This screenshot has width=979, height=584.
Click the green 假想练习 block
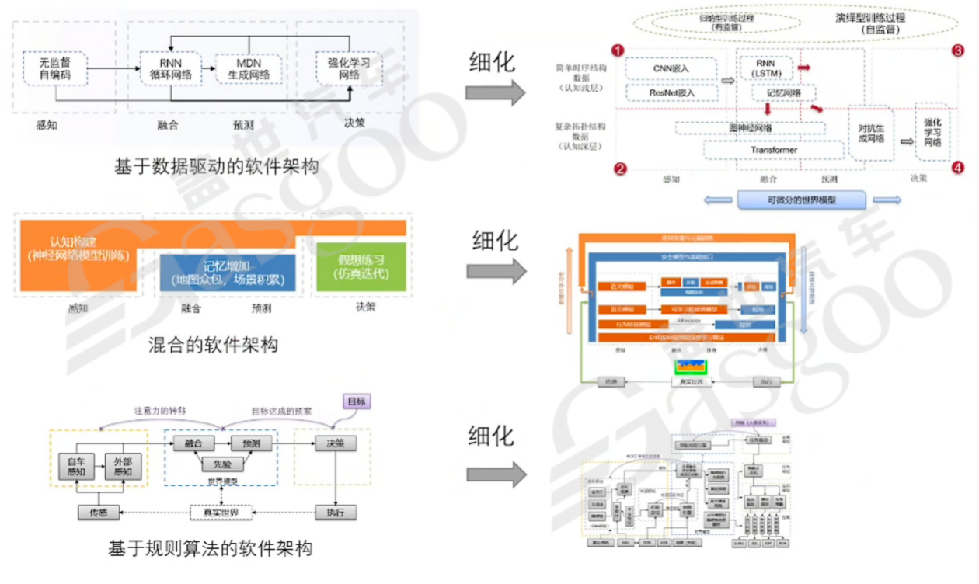pyautogui.click(x=360, y=266)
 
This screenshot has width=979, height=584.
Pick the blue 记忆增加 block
pyautogui.click(x=227, y=272)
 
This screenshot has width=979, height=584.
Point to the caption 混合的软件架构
pyautogui.click(x=213, y=343)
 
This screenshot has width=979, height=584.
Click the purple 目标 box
pyautogui.click(x=357, y=401)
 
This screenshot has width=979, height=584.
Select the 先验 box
pyautogui.click(x=222, y=464)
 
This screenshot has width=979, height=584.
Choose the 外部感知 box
pyautogui.click(x=123, y=464)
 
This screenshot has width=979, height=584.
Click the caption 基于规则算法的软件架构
pyautogui.click(x=211, y=548)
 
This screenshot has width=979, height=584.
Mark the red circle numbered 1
pyautogui.click(x=617, y=50)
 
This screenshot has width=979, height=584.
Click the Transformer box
pyautogui.click(x=773, y=149)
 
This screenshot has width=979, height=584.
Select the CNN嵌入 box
pyautogui.click(x=671, y=68)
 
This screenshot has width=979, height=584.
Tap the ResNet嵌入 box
pyautogui.click(x=671, y=92)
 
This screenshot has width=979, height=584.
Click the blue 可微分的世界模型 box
pyautogui.click(x=800, y=200)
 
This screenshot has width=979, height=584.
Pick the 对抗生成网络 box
pyautogui.click(x=870, y=134)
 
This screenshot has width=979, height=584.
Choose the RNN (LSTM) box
pyautogui.click(x=766, y=68)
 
